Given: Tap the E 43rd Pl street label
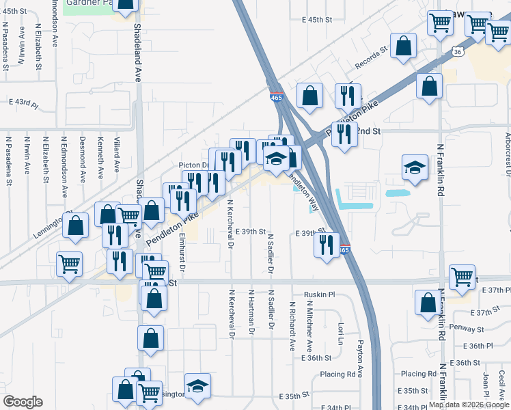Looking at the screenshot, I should point(23,102).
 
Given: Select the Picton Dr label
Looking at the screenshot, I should point(193,165).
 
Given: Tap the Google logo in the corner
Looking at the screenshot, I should point(22,402).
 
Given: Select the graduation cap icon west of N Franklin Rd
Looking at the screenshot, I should point(415,167).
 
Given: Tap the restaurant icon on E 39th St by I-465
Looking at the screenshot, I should point(327,243).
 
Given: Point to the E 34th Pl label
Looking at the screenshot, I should point(330,407).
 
